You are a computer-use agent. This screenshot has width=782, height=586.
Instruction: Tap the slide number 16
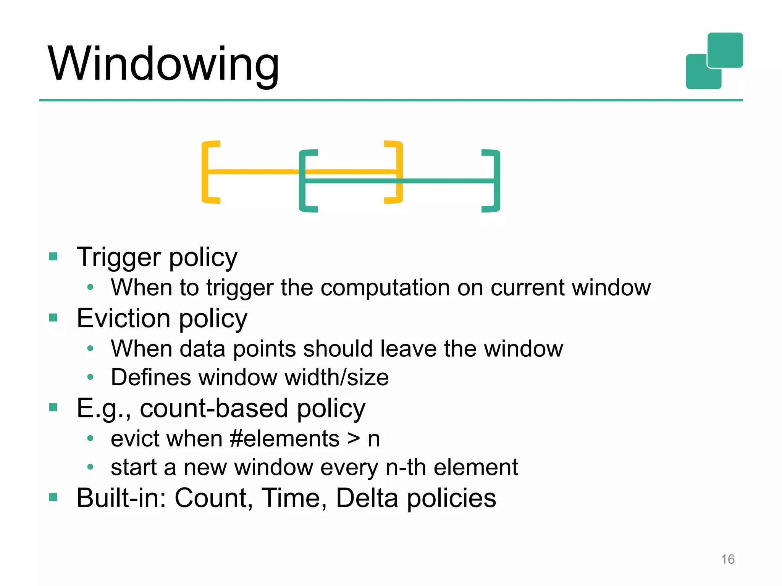(727, 559)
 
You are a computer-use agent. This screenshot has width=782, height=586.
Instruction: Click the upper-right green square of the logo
(725, 50)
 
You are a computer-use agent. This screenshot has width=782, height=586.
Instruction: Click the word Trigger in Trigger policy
(118, 258)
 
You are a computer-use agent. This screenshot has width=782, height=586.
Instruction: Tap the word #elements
(285, 439)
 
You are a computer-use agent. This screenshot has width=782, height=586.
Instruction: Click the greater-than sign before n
(354, 439)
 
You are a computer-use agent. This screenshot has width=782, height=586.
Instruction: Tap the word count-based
(214, 409)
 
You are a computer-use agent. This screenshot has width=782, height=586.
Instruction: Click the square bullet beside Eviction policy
(53, 317)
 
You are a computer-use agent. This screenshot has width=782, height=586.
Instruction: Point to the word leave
(408, 349)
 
